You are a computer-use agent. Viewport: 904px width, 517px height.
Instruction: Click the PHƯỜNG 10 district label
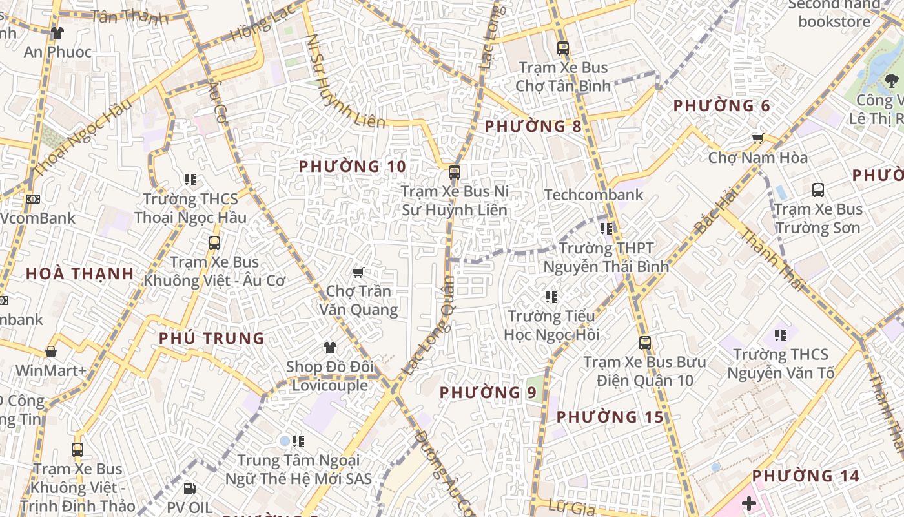coord(353,167)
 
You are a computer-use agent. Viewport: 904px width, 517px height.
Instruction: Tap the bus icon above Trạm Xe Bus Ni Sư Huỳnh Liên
coord(455,173)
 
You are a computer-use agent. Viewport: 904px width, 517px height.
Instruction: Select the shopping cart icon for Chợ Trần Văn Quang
coord(358,273)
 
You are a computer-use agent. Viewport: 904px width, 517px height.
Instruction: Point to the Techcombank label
coord(593,195)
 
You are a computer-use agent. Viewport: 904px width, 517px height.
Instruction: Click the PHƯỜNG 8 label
coord(533,126)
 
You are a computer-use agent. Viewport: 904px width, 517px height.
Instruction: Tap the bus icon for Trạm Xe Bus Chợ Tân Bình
coord(562,48)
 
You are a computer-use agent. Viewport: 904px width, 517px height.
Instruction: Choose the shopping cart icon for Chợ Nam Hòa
coord(758,138)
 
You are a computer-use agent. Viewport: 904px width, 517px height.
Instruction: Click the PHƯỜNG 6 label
coord(721,106)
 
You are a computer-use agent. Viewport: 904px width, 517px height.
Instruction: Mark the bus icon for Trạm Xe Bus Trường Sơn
coord(818,190)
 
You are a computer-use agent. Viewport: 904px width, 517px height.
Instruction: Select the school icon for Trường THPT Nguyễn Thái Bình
coord(606,228)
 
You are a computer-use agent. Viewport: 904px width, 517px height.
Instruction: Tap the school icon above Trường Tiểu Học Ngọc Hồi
coord(551,297)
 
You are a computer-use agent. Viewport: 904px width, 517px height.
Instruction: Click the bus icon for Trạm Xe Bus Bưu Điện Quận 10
coord(644,343)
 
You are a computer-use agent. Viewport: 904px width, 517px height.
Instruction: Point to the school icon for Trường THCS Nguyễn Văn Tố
coord(781,335)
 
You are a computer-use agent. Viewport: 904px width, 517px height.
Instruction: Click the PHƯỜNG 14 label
coord(805,476)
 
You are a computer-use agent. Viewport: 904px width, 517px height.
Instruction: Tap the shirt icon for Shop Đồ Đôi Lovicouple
coord(330,348)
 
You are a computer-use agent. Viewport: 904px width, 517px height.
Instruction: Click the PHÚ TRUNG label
coord(211,338)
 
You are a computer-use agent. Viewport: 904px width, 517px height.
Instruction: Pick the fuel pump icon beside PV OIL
coord(189,489)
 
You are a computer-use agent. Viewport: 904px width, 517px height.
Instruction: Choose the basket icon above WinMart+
coord(51,352)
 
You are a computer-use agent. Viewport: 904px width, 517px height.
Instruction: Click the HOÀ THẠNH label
coord(79,273)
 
